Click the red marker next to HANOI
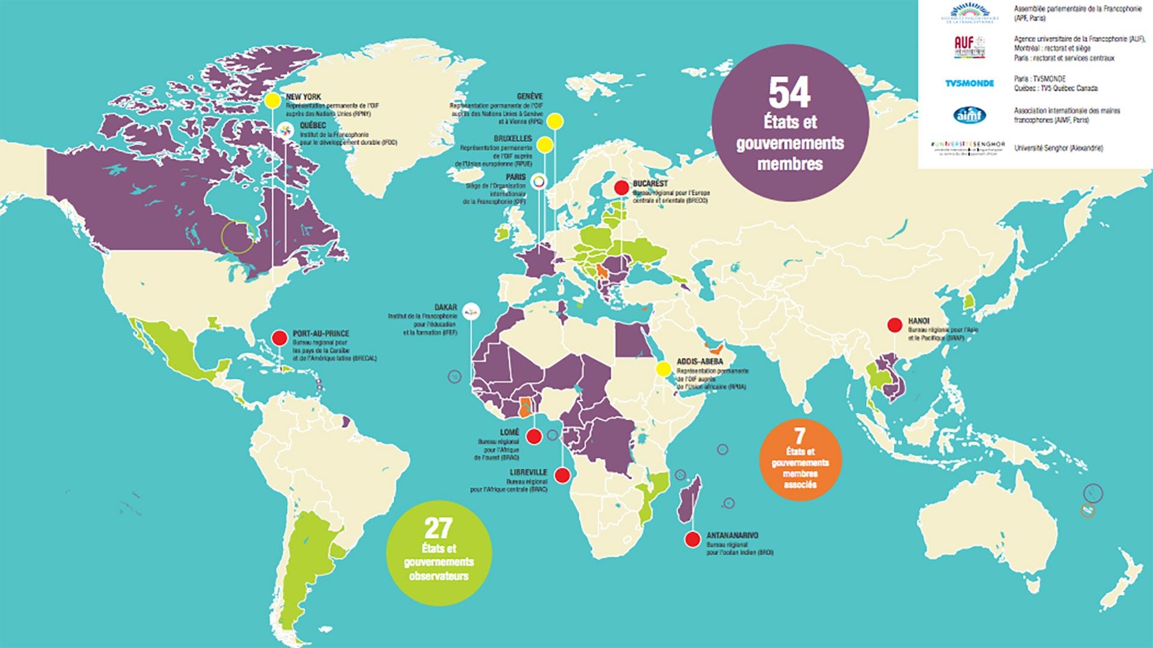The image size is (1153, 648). [x=895, y=325]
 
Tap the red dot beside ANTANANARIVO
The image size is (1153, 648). [x=692, y=539]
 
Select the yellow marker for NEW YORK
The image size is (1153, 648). [x=273, y=100]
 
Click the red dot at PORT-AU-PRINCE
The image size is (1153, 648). [x=279, y=337]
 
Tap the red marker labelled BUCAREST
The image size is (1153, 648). [x=622, y=187]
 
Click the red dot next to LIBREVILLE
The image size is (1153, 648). [x=562, y=476]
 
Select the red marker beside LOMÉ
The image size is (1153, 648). [x=533, y=436]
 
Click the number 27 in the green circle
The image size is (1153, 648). [x=438, y=529]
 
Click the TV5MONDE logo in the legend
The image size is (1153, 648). [x=969, y=83]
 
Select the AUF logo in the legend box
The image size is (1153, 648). [x=969, y=48]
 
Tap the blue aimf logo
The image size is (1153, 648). [x=969, y=115]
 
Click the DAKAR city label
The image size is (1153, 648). [x=446, y=307]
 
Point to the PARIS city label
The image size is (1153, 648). [x=515, y=178]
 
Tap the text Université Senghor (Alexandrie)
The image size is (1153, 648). [x=1058, y=148]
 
